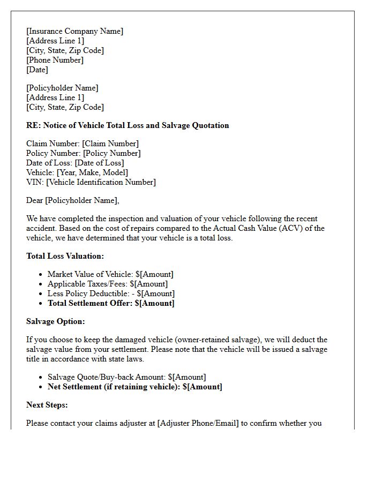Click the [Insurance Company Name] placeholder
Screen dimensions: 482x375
pyautogui.click(x=74, y=31)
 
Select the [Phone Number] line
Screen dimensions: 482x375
pyautogui.click(x=55, y=60)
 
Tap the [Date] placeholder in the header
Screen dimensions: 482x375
pyautogui.click(x=37, y=70)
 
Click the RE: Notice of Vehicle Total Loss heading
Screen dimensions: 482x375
pyautogui.click(x=127, y=125)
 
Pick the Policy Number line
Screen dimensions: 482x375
pyautogui.click(x=83, y=153)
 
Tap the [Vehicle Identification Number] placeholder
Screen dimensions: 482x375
pyautogui.click(x=101, y=182)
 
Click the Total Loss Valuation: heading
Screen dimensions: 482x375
pyautogui.click(x=65, y=256)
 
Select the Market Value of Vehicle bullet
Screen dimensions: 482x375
pyautogui.click(x=110, y=274)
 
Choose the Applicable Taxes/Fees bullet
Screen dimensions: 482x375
pyautogui.click(x=107, y=284)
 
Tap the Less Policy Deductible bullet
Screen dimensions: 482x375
pyautogui.click(x=111, y=293)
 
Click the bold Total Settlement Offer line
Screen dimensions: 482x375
pyautogui.click(x=111, y=303)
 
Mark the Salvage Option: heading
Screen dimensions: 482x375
pyautogui.click(x=56, y=321)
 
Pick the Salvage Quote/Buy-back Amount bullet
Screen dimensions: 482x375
pyautogui.click(x=126, y=377)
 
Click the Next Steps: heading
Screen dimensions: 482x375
pyautogui.click(x=47, y=405)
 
